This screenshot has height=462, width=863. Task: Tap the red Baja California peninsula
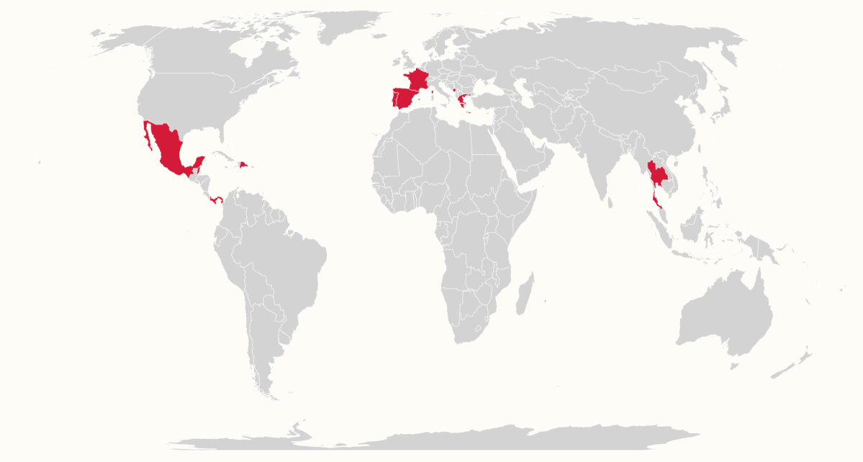point(148,137)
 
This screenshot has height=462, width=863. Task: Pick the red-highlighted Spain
point(405,98)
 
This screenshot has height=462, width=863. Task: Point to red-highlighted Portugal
point(393,99)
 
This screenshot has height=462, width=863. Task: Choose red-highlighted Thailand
point(656,173)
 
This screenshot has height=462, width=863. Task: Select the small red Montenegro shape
point(453,90)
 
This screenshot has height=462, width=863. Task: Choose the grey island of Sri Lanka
point(611,203)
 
